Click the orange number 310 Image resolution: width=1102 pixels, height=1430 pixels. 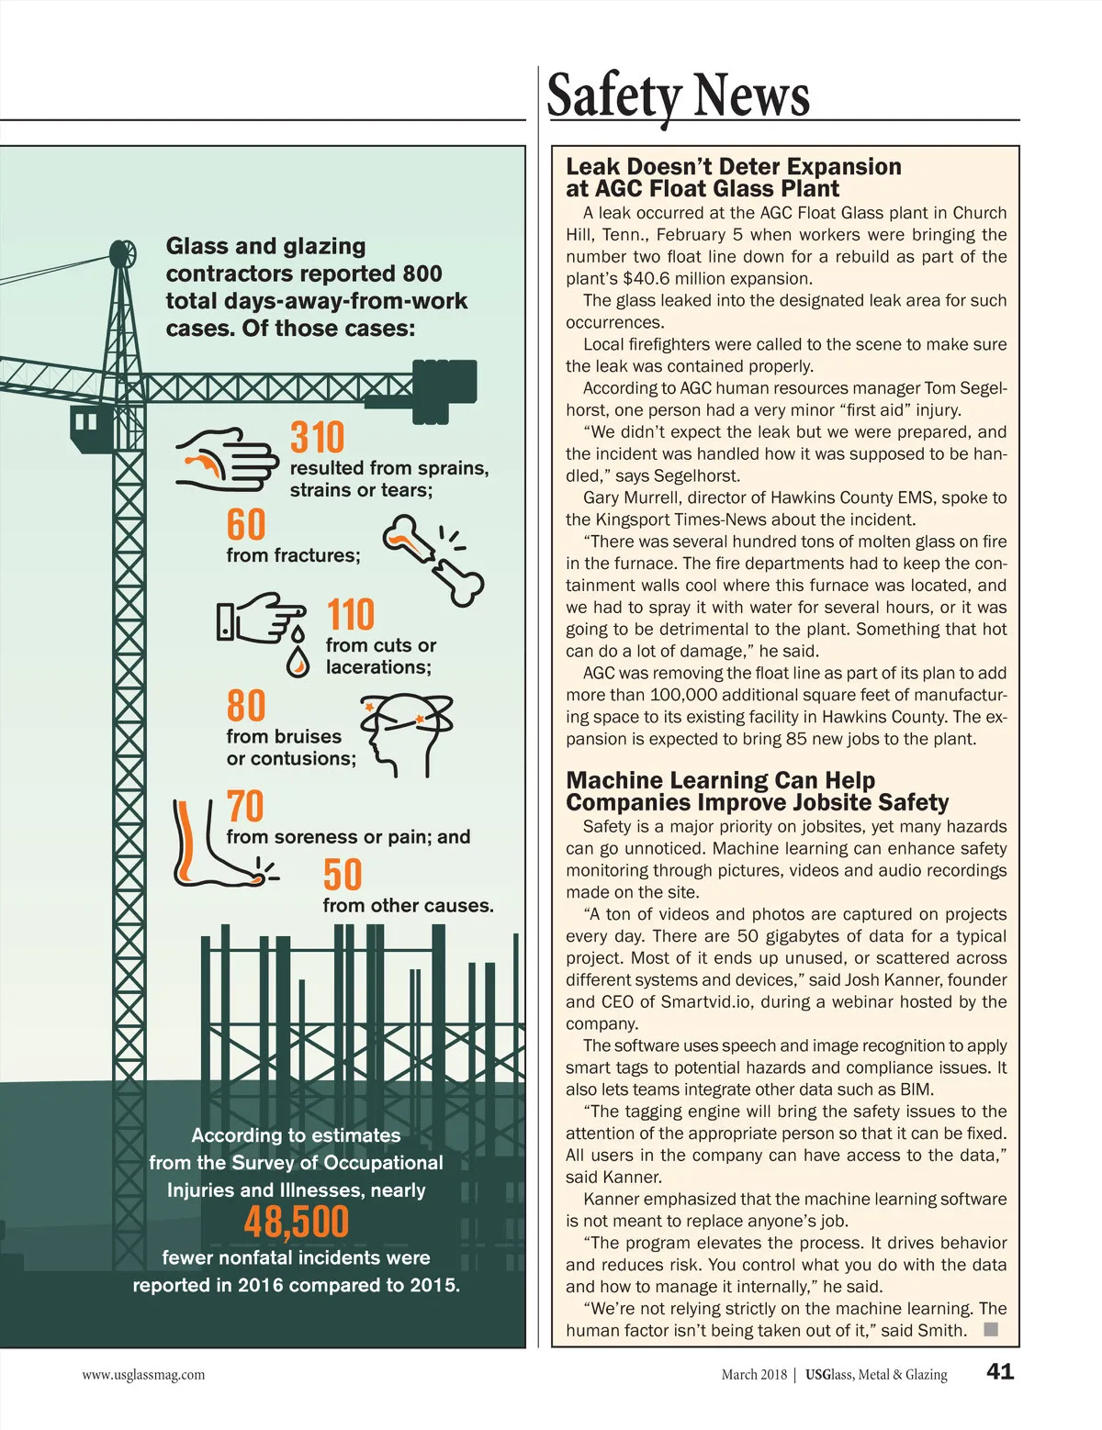[x=318, y=438]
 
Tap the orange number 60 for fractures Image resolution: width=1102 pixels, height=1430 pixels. [x=246, y=525]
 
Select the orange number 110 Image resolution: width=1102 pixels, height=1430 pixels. [x=351, y=614]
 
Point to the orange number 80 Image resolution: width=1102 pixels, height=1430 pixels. [x=246, y=706]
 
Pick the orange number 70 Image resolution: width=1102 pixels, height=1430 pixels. [x=245, y=807]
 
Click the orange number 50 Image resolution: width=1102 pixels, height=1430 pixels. [x=343, y=875]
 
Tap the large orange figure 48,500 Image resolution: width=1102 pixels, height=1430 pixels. [x=297, y=1223]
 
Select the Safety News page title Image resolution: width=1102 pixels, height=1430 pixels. [x=678, y=95]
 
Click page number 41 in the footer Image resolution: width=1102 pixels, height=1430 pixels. [x=1000, y=1371]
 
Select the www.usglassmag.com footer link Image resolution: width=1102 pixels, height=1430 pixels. [x=143, y=1374]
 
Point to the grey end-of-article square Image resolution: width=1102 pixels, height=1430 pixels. [x=990, y=1329]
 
